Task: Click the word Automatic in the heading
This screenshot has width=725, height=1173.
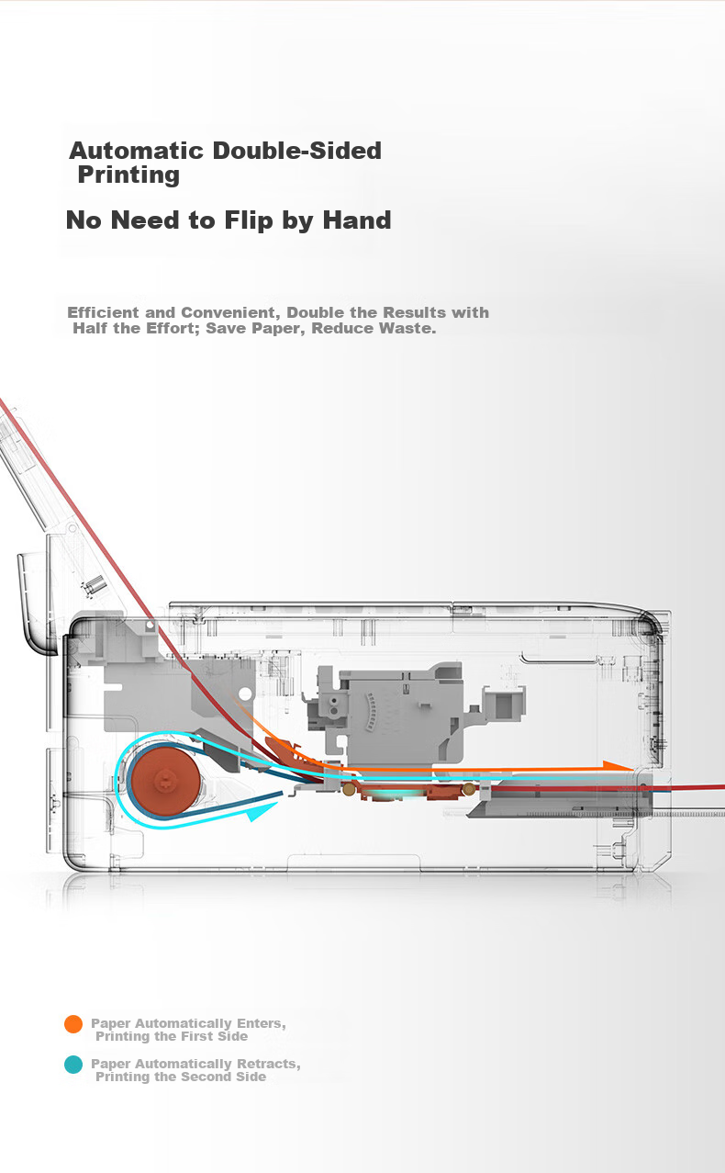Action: click(x=136, y=151)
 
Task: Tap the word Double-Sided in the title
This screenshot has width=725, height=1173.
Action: click(x=297, y=151)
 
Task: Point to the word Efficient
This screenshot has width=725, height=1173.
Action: click(x=103, y=312)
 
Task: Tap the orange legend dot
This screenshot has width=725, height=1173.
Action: click(x=73, y=1024)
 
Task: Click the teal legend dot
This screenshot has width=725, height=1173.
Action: click(x=73, y=1064)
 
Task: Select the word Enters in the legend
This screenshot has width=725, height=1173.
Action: click(x=260, y=1023)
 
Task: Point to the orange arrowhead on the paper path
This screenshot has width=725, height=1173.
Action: click(x=619, y=766)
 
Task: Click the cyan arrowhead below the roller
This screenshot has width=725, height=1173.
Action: click(x=262, y=812)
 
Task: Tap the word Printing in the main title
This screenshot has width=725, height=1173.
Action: click(x=128, y=175)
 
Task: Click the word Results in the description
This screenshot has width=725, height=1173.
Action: click(x=414, y=312)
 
